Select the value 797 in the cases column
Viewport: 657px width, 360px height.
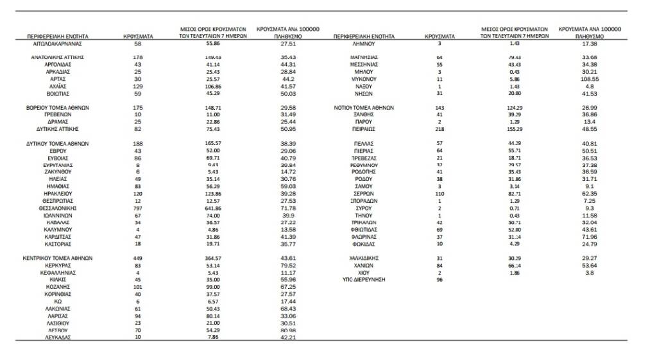[x=138, y=209]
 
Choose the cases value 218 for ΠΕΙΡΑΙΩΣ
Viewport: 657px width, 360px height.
[x=439, y=129]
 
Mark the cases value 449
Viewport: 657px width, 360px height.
[x=138, y=258]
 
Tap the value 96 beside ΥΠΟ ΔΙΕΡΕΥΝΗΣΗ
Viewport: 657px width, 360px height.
[x=439, y=280]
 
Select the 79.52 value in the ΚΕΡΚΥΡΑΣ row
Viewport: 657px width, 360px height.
[x=288, y=265]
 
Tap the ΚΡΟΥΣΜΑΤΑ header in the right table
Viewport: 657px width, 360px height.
[x=439, y=37]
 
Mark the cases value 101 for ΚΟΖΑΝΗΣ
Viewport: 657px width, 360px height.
[x=138, y=287]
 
